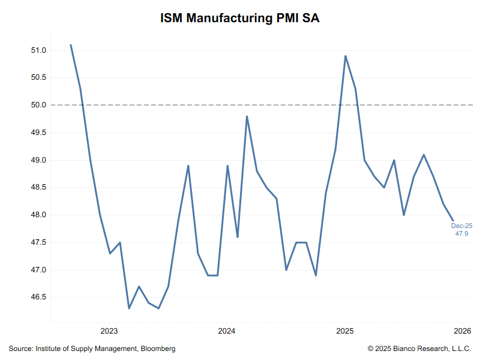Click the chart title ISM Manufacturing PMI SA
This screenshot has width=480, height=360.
coord(240,18)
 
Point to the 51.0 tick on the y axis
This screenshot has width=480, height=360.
coord(37,50)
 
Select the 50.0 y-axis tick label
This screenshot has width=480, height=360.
coord(37,105)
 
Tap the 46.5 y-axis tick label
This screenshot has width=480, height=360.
coord(37,298)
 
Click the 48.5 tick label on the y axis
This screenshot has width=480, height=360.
coord(37,188)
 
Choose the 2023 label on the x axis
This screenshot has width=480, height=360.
coord(109,331)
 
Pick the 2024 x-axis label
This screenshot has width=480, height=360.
coord(227,331)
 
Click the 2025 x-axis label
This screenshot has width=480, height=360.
coord(344,331)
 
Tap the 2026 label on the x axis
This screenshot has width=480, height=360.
coord(461,331)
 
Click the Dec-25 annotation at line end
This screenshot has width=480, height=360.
coord(462,226)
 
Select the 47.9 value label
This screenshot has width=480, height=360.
coord(462,233)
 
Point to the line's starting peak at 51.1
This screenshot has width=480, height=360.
coord(71,45)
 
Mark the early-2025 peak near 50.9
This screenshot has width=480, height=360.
coord(346,56)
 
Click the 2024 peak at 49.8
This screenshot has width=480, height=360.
coord(247,116)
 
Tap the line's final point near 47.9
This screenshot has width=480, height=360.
coord(453,220)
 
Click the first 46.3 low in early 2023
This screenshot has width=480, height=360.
coord(129,308)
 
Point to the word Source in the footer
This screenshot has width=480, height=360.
coord(20,349)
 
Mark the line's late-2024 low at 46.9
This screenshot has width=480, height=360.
coord(316,275)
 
